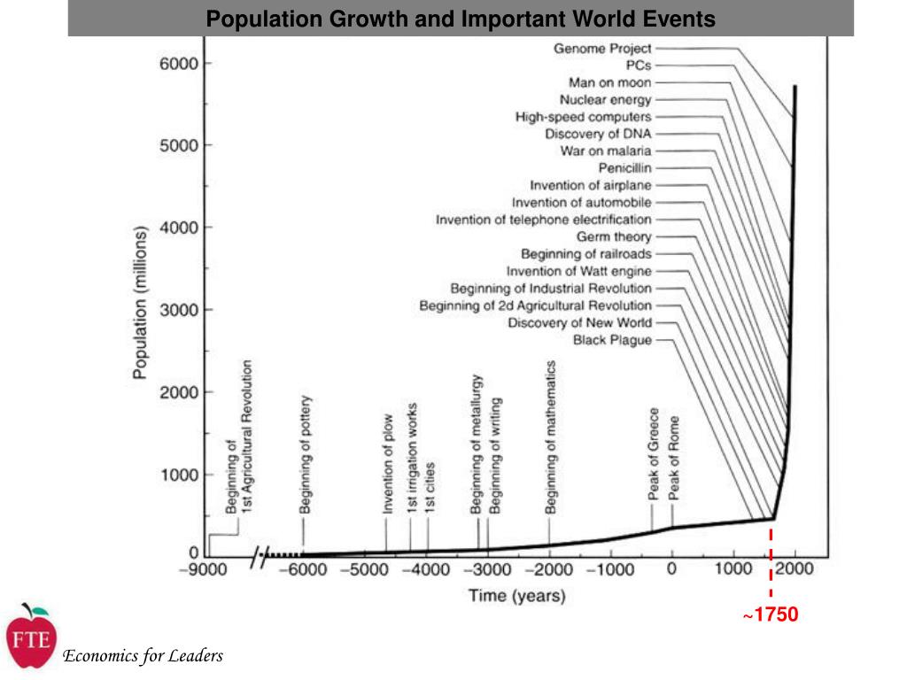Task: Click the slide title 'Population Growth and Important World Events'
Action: point(461,19)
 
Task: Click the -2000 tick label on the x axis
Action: point(549,569)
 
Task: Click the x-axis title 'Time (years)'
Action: point(516,596)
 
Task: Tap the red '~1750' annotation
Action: point(771,614)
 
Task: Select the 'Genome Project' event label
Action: point(602,49)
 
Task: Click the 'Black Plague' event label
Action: point(612,340)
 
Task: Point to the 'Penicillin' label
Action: point(624,168)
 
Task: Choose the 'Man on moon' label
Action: point(609,82)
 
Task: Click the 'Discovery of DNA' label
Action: point(598,134)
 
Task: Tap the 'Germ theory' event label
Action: point(614,236)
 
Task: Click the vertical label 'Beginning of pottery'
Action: point(305,454)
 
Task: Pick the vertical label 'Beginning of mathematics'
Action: point(550,437)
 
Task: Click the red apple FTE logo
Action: point(32,637)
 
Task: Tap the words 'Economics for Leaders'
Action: point(143,656)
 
